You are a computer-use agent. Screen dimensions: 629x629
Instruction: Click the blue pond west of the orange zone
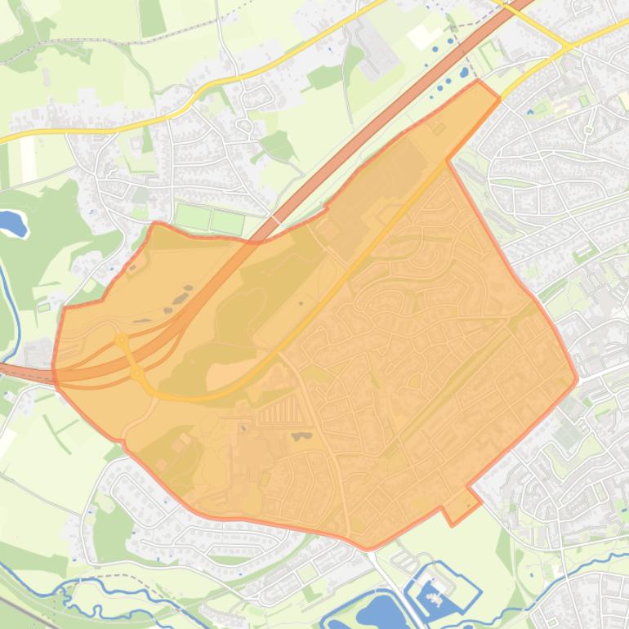pyautogui.click(x=12, y=222)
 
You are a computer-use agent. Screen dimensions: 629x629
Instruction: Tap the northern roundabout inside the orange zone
pyautogui.click(x=121, y=339)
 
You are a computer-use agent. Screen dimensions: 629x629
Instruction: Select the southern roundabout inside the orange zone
pyautogui.click(x=137, y=373)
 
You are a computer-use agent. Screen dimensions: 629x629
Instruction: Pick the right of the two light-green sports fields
pyautogui.click(x=227, y=221)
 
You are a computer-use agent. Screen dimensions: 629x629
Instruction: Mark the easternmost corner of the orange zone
pyautogui.click(x=577, y=378)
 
